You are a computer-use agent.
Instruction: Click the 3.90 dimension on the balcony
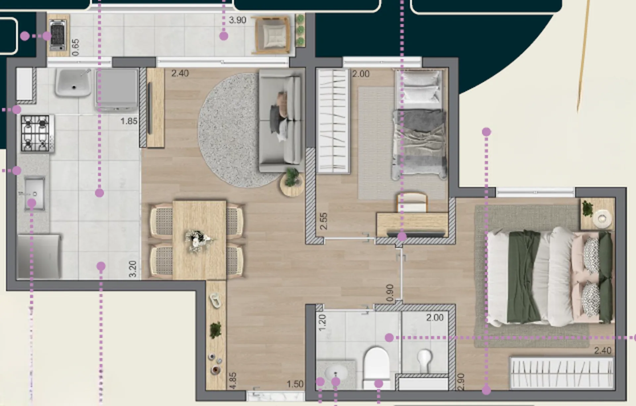(238, 20)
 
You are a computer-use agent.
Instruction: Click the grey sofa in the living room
(281, 121)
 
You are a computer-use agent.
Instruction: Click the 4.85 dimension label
(233, 380)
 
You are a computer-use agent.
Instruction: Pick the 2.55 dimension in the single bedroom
(324, 221)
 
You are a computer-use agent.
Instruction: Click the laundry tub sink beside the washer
(74, 83)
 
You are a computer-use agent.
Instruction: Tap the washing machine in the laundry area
(117, 90)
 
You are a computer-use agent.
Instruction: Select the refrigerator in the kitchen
(39, 257)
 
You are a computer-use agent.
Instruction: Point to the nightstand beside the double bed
(598, 214)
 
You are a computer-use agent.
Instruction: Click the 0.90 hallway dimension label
(390, 293)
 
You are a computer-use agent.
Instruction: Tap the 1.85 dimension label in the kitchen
(129, 121)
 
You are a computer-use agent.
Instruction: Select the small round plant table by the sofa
(291, 184)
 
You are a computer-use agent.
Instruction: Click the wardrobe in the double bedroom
(562, 373)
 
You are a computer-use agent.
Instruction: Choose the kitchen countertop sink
(34, 193)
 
